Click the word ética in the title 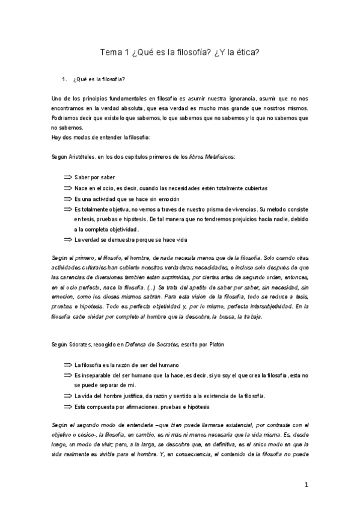click(x=246, y=52)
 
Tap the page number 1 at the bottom click(x=306, y=485)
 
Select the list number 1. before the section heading click(x=64, y=79)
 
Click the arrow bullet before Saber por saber click(x=67, y=177)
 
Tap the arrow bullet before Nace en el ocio click(x=67, y=188)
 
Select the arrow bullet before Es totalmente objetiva click(x=67, y=209)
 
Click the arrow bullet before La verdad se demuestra click(x=67, y=239)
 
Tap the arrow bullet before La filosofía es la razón click(x=67, y=364)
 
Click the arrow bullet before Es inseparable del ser click(x=67, y=375)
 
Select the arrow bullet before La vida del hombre click(x=67, y=396)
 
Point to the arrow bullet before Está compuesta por click(x=67, y=406)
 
